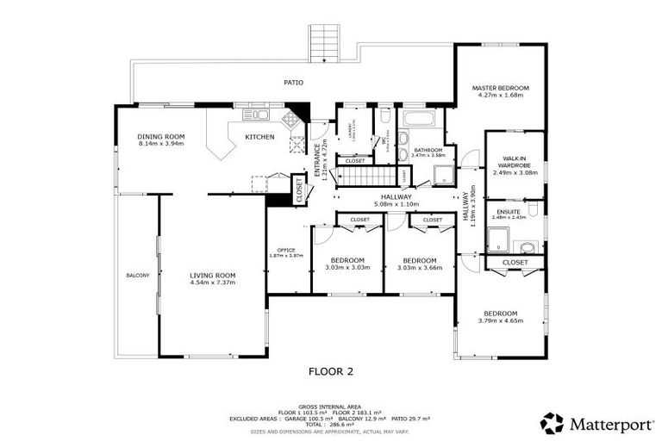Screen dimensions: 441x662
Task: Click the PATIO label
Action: tap(294, 83)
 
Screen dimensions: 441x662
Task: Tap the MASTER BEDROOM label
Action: tap(500, 89)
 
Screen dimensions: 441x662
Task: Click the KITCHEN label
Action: tap(259, 137)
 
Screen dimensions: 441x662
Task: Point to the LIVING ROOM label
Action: tap(212, 276)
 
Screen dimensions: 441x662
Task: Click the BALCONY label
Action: tap(138, 276)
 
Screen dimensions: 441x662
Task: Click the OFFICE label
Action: tap(285, 251)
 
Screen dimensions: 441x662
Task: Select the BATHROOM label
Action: tap(428, 150)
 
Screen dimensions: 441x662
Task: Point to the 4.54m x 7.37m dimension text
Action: tap(212, 283)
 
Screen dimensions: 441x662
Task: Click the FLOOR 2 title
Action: tap(331, 372)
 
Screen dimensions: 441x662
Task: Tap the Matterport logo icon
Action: tap(552, 422)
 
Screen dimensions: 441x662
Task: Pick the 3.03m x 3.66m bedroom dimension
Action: tap(420, 268)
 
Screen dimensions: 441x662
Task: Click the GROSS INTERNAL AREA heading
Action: tap(330, 406)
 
